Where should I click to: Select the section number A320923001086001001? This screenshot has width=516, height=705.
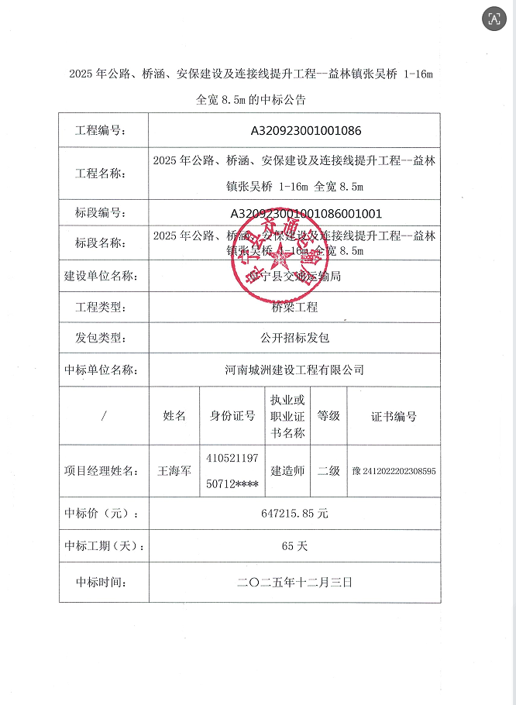(306, 213)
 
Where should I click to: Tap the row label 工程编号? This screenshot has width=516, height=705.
(101, 131)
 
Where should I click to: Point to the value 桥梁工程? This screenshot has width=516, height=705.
(294, 307)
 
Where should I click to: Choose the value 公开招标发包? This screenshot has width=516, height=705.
(294, 338)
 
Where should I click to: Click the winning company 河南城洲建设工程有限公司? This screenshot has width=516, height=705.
(294, 370)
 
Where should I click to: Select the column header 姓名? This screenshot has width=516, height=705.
(174, 416)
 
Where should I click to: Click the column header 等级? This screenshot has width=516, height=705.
(329, 416)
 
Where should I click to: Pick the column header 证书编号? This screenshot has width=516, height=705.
(394, 416)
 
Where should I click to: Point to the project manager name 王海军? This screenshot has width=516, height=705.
(174, 470)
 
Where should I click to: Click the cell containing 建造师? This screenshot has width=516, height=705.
(287, 470)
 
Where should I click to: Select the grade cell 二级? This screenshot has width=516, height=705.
(329, 470)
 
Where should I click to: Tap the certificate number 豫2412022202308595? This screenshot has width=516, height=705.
(394, 470)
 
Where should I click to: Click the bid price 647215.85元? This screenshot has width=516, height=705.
(294, 513)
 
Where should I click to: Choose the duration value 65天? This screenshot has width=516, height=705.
(294, 545)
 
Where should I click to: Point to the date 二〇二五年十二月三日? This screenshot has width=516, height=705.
(294, 581)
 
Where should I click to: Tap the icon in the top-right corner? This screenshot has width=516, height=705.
(493, 19)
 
